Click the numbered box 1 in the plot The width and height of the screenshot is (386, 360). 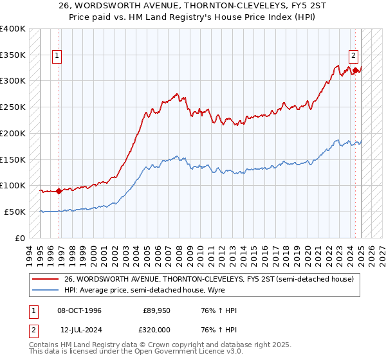pyautogui.click(x=57, y=56)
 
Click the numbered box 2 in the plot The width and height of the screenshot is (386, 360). pyautogui.click(x=354, y=56)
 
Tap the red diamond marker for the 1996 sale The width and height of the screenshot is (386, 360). pyautogui.click(x=59, y=190)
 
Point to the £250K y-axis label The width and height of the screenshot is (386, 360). pyautogui.click(x=13, y=107)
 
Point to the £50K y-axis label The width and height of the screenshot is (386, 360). pyautogui.click(x=15, y=212)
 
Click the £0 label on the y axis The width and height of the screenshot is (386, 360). pyautogui.click(x=21, y=238)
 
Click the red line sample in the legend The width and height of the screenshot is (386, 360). pyautogui.click(x=45, y=279)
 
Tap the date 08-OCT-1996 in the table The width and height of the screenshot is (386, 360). pyautogui.click(x=80, y=310)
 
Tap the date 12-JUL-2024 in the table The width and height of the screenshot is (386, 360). pyautogui.click(x=80, y=328)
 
